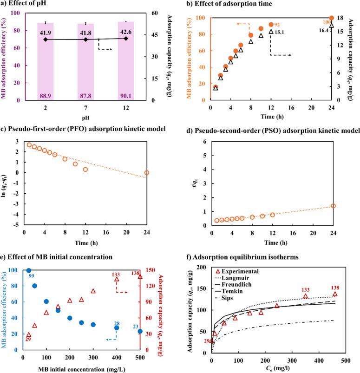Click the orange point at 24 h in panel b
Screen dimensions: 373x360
click(x=332, y=18)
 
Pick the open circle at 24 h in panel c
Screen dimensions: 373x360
click(x=147, y=173)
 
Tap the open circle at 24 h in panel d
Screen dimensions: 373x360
click(x=333, y=206)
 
